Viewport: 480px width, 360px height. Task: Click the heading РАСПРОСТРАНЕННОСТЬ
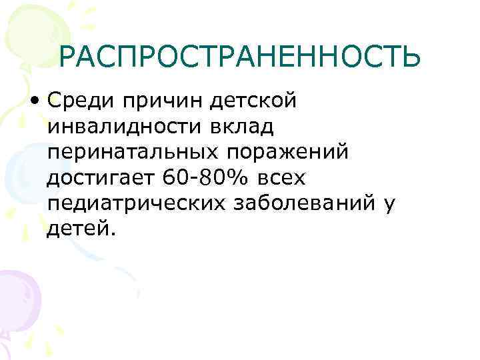239,59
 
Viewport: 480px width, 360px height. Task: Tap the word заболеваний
303,203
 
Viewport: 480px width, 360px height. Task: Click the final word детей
81,229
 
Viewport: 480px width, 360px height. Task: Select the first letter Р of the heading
69,59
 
